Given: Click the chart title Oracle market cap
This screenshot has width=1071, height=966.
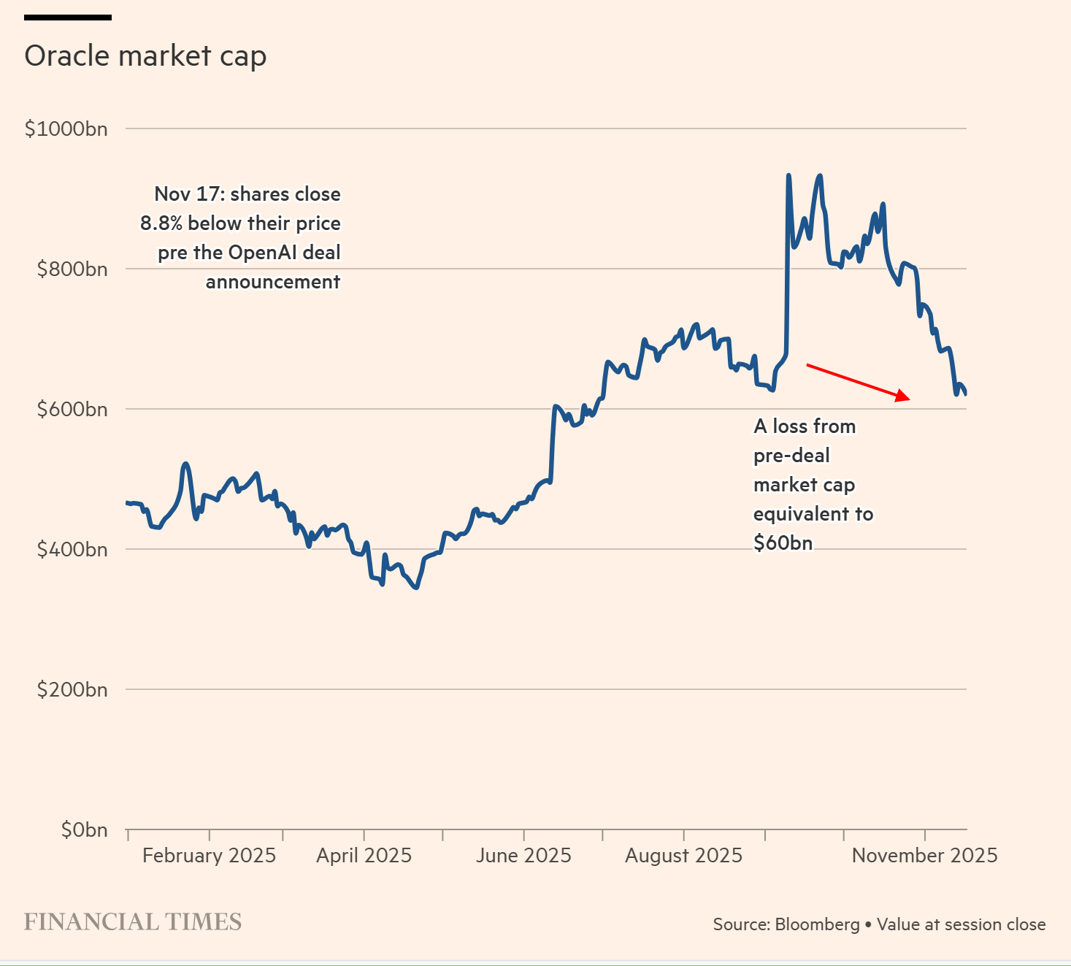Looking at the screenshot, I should (145, 56).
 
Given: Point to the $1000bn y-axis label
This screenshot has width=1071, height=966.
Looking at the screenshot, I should (66, 129).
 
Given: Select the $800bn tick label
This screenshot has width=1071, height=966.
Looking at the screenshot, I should (72, 269).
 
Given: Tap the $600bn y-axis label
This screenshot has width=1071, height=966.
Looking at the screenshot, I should (72, 410).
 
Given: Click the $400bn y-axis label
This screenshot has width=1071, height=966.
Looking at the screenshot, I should (72, 550).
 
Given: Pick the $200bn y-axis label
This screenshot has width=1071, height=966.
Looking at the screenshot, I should (72, 690).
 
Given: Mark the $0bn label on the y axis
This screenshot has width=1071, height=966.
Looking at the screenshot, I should (84, 830).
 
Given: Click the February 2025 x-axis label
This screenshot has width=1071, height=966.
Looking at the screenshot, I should (209, 856).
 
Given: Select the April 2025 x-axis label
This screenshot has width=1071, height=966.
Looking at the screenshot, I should (364, 856).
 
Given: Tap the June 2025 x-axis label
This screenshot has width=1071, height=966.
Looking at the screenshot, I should (523, 856).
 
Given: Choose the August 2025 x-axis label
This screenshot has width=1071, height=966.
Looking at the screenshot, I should (683, 856).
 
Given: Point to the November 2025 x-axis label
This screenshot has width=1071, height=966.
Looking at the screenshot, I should (924, 856).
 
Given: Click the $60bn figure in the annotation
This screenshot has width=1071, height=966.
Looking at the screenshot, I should (783, 543).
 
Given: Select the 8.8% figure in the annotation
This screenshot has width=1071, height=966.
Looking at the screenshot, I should (161, 223).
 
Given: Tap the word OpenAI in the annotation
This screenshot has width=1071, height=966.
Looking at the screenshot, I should (264, 253).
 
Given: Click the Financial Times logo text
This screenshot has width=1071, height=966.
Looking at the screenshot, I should (133, 922).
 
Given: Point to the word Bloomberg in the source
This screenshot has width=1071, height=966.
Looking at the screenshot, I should (817, 924).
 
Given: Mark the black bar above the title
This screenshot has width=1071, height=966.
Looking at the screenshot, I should (68, 17).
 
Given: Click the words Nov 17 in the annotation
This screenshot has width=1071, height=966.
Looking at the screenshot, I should (188, 194).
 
